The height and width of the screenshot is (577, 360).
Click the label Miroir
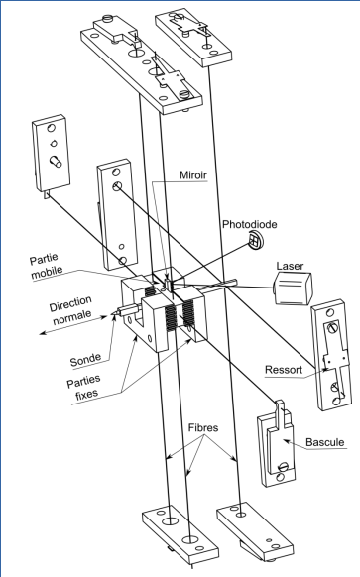point(193,175)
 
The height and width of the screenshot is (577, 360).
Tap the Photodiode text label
point(250,224)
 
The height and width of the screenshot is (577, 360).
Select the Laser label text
point(290,266)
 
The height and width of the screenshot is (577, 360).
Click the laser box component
point(293,288)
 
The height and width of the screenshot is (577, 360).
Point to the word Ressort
point(284,369)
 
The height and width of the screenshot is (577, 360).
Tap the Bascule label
point(325,442)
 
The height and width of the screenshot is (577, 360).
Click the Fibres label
point(203,427)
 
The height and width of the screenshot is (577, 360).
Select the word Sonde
point(85,360)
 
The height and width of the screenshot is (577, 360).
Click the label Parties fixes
point(84,388)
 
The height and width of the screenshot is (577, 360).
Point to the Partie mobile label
point(46,266)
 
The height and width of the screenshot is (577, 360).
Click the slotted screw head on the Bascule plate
point(284,467)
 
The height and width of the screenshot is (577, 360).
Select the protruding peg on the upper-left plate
point(56,162)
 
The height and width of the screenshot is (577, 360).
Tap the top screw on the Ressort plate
point(333,326)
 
